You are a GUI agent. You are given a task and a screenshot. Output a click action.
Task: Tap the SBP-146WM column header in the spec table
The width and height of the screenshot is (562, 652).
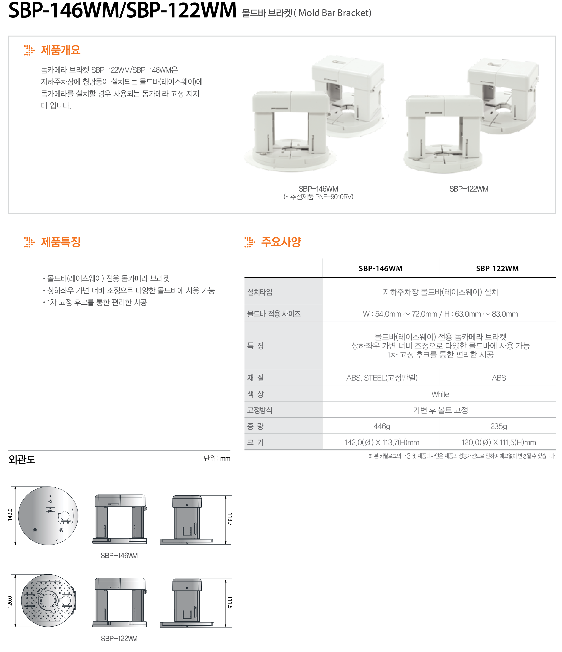pos(380,268)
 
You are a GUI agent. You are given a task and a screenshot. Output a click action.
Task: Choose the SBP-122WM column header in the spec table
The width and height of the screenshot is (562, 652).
pos(497,268)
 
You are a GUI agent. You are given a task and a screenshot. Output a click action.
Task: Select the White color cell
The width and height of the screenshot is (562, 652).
pos(440,394)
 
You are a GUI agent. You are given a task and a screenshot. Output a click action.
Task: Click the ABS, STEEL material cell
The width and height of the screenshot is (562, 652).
pos(382,378)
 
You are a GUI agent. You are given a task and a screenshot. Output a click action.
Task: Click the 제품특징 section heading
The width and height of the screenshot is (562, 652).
pos(61,242)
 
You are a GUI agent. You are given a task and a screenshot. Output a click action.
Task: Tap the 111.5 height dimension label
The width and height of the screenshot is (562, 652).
pos(230,602)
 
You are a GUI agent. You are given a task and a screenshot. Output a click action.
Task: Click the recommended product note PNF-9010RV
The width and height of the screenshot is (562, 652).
pos(318,197)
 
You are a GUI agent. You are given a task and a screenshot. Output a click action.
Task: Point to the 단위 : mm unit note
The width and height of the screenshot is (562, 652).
pos(217,458)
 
